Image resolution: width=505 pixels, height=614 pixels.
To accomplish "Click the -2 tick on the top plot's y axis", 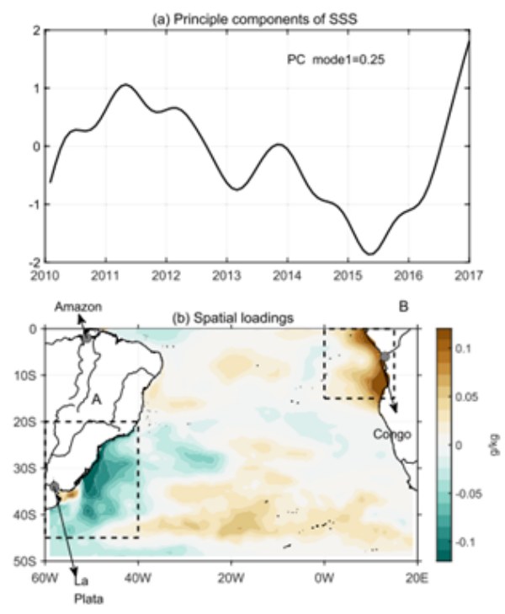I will coord(35,263).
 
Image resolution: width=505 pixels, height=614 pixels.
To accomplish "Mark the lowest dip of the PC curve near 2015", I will coord(369,254).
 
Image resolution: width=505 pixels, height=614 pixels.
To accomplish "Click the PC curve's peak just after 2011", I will coord(125,85).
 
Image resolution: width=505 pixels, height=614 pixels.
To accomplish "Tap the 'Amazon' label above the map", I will coord(78,307).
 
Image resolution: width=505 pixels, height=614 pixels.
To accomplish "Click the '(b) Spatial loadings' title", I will coord(226,320).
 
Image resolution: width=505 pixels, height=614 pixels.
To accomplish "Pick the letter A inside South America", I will coord(97,401).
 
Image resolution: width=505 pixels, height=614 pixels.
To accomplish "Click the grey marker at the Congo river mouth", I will coord(385,357).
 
